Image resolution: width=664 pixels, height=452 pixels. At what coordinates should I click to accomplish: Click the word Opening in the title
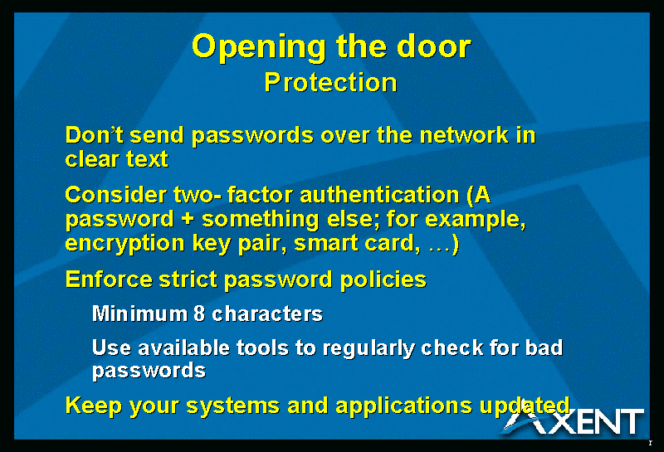tap(259, 47)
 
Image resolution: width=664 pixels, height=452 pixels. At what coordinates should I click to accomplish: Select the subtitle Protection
tap(330, 82)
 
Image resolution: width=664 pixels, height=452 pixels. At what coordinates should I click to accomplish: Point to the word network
tap(464, 135)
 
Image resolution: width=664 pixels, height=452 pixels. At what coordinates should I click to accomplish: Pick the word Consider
tap(115, 195)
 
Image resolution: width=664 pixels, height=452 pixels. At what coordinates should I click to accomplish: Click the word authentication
tap(379, 195)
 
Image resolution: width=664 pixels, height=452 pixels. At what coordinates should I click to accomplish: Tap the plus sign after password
tap(188, 220)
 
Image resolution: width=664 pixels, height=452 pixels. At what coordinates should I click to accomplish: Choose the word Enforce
tap(109, 279)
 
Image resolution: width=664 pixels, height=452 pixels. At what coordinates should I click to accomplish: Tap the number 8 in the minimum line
tap(199, 313)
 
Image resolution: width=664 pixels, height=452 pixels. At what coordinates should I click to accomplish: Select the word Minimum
tap(139, 313)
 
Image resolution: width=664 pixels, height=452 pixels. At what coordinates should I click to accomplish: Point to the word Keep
tap(94, 406)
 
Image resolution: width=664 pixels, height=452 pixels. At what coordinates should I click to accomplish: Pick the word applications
tap(403, 406)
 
